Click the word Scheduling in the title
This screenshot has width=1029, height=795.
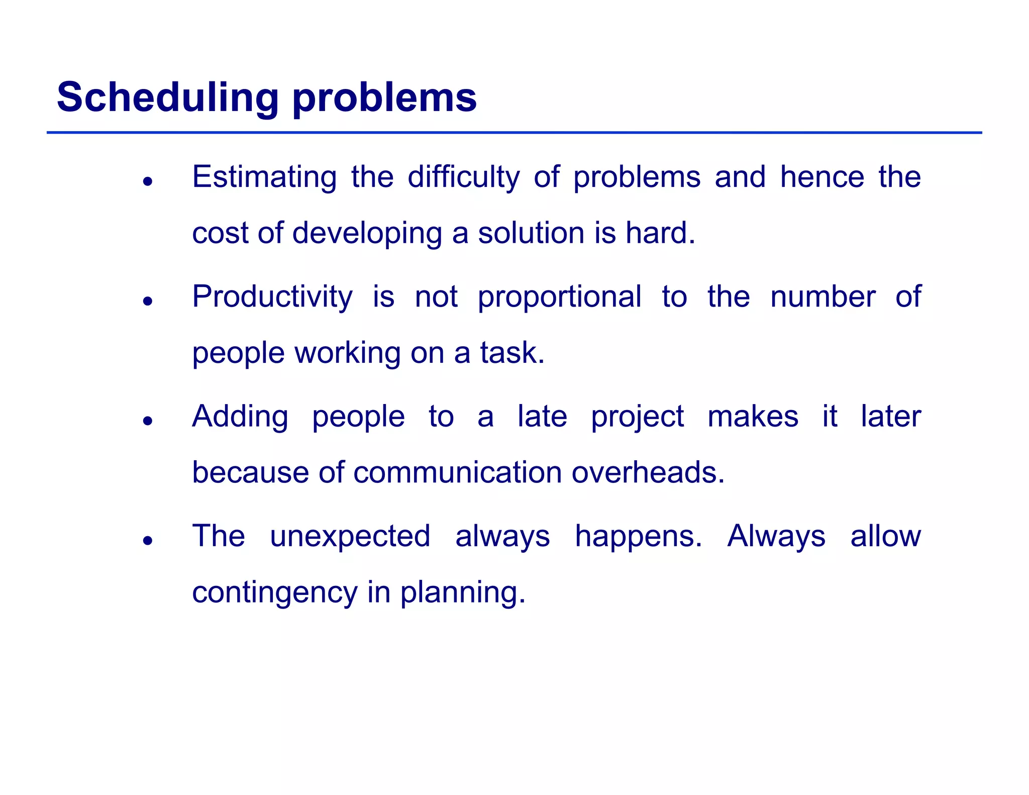(x=167, y=97)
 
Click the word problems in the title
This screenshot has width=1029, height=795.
(x=384, y=97)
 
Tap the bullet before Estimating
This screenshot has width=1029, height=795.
(x=147, y=181)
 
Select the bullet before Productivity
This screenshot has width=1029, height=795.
(x=147, y=301)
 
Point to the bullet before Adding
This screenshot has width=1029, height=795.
(x=147, y=421)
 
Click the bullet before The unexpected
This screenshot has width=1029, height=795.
(x=147, y=541)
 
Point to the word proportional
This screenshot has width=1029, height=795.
(x=559, y=296)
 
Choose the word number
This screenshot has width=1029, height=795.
(x=822, y=296)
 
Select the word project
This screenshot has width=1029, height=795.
(x=637, y=417)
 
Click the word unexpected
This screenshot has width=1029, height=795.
(x=350, y=536)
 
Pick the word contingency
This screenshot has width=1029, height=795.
(x=274, y=592)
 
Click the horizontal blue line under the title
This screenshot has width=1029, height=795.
(x=514, y=133)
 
